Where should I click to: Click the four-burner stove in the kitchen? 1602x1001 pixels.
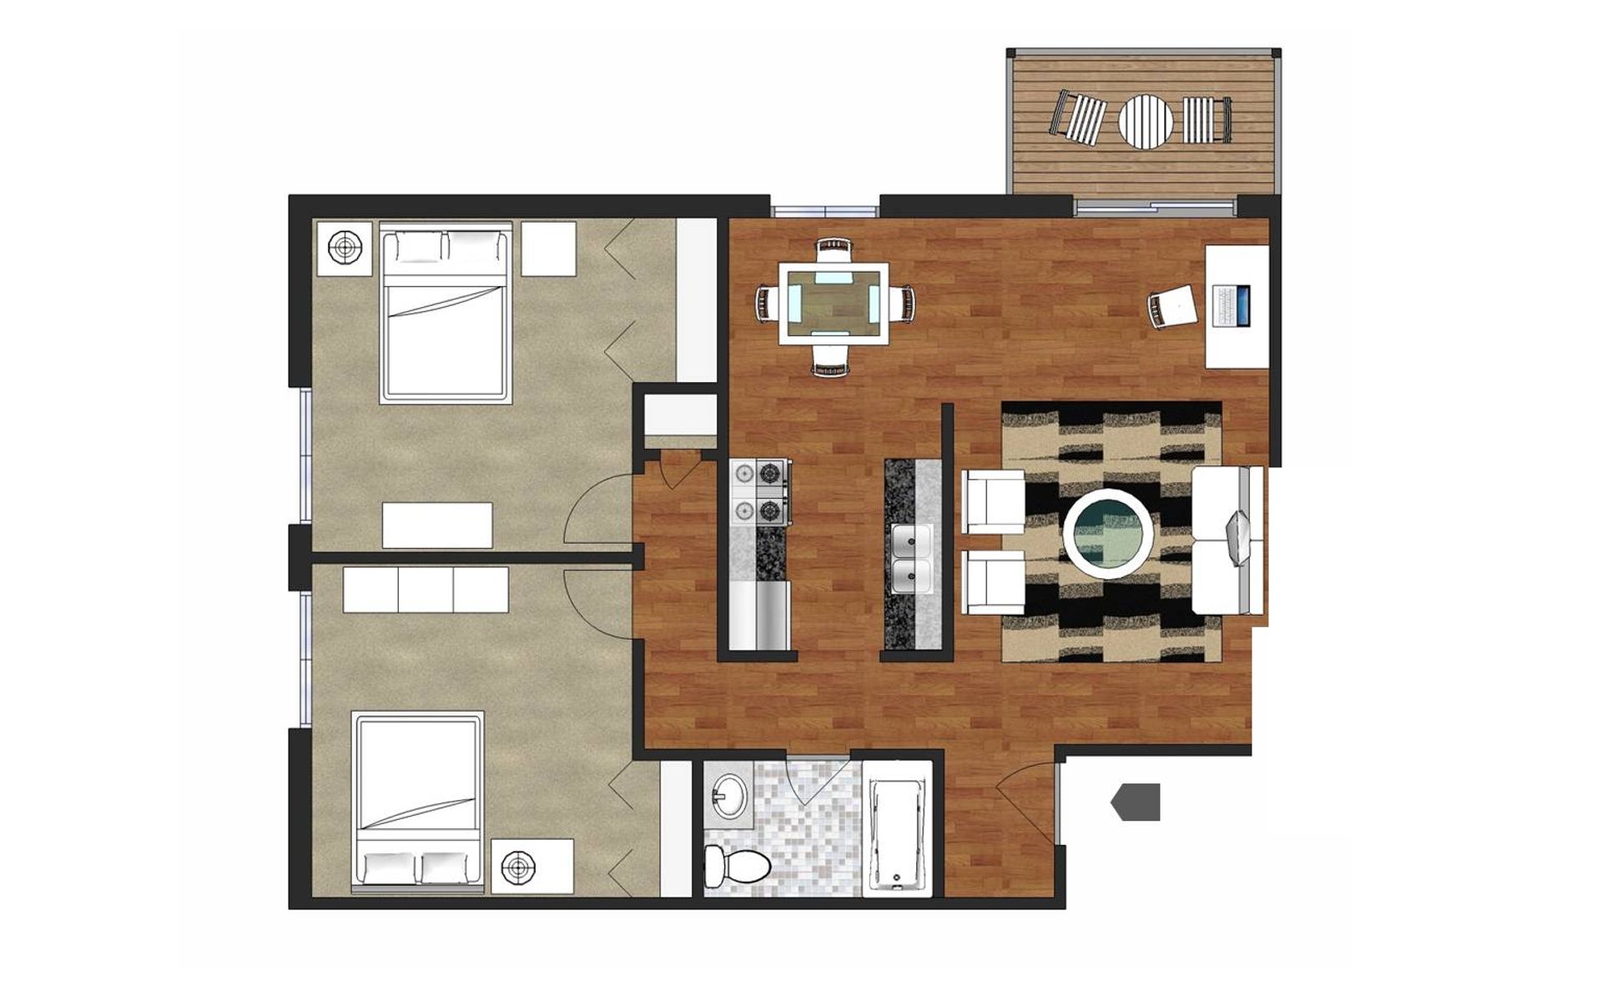pyautogui.click(x=759, y=493)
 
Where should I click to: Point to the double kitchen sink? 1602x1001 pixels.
pyautogui.click(x=912, y=559)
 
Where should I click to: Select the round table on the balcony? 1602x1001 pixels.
pyautogui.click(x=1145, y=121)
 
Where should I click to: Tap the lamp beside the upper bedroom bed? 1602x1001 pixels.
pyautogui.click(x=344, y=247)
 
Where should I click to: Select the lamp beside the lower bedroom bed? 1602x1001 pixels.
pyautogui.click(x=520, y=868)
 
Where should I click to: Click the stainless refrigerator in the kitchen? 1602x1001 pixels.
pyautogui.click(x=759, y=616)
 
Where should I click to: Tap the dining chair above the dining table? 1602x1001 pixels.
pyautogui.click(x=834, y=249)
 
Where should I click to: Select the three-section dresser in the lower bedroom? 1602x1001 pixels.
pyautogui.click(x=426, y=590)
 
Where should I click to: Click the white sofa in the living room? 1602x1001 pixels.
pyautogui.click(x=1227, y=541)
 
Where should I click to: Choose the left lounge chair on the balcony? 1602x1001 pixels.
pyautogui.click(x=1076, y=116)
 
